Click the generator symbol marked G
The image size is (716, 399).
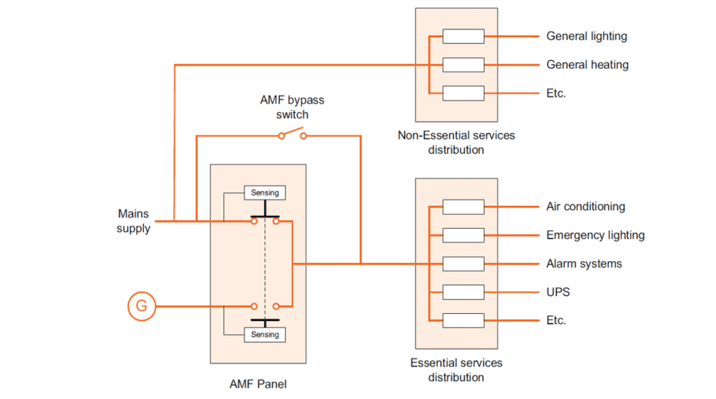point(142,307)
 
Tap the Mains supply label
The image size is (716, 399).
point(133,221)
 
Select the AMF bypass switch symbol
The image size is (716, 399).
point(291,134)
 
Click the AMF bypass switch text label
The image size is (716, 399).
point(286,108)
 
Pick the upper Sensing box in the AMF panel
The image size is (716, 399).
point(265,192)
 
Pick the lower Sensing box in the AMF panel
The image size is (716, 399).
point(265,335)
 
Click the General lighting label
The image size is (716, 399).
point(586,36)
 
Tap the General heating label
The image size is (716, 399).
point(587,64)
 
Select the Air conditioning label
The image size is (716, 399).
point(585,207)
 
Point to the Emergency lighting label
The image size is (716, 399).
point(595,235)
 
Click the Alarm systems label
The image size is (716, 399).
point(584,264)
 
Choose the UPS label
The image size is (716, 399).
point(558,292)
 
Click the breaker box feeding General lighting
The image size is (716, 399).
point(463,36)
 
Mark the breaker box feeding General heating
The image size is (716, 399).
point(463,64)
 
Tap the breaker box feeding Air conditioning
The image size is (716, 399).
point(463,207)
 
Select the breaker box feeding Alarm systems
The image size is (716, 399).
point(463,264)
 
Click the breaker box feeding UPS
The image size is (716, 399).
point(463,292)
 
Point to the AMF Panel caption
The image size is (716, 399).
point(258,384)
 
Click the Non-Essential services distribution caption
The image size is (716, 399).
point(456,142)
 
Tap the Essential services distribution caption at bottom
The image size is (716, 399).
point(456,370)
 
